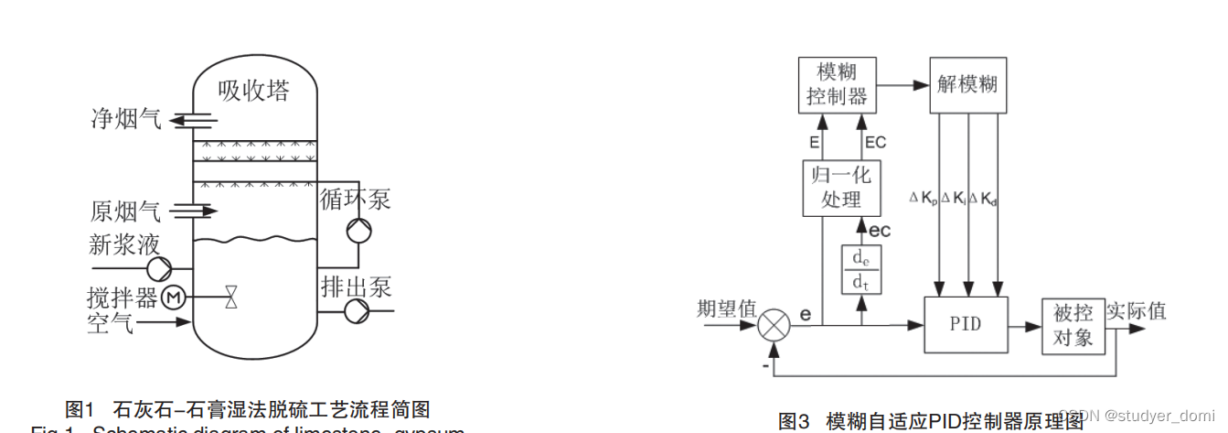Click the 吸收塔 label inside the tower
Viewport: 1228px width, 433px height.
point(254,92)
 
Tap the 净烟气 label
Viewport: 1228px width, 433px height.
point(125,119)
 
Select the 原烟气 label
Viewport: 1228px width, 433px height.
point(125,211)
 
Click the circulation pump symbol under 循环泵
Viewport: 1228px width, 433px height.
point(358,231)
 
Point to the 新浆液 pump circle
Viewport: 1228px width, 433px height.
point(159,268)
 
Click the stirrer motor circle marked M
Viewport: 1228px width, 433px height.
point(174,297)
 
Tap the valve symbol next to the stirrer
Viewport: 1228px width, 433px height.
point(230,297)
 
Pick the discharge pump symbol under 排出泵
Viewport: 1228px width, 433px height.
point(354,311)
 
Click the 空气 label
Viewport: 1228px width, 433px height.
point(111,322)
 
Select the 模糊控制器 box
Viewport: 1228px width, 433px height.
point(837,85)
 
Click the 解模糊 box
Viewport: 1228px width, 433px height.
point(966,85)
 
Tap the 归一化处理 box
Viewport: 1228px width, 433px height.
point(841,188)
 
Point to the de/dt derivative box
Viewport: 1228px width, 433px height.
point(860,269)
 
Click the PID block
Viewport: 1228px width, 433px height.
point(966,324)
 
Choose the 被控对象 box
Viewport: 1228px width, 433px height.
point(1073,326)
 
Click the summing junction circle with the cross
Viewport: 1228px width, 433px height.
point(775,324)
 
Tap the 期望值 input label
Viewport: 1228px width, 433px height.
point(726,309)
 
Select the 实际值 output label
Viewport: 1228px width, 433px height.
point(1137,310)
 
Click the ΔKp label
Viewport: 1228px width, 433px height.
point(924,198)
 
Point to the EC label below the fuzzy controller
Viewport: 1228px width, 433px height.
point(875,142)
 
